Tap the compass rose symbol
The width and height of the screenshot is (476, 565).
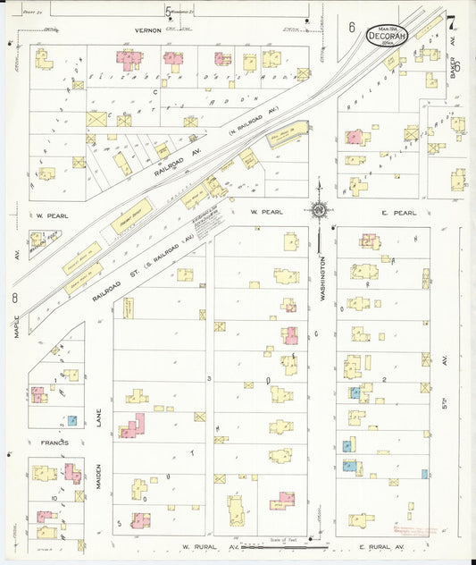click(x=318, y=211)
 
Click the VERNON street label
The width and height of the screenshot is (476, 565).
click(x=147, y=30)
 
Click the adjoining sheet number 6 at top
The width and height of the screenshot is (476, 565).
click(x=352, y=28)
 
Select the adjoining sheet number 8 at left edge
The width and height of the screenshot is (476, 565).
click(x=15, y=298)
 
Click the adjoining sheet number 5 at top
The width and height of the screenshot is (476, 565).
click(x=168, y=12)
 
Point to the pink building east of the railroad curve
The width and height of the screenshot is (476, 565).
click(x=355, y=137)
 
